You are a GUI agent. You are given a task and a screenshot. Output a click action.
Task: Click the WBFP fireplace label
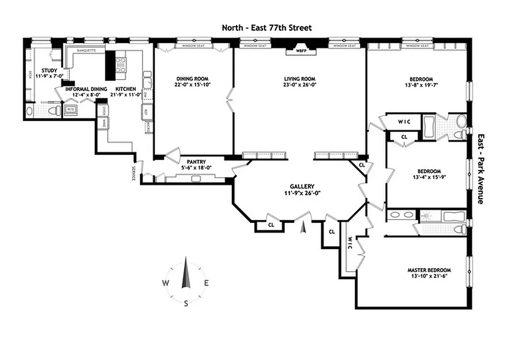click(300, 51)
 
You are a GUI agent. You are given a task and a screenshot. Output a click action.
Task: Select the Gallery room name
click(302, 186)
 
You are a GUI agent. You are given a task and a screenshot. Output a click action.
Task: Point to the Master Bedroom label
click(428, 270)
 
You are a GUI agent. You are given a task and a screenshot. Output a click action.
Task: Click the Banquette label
click(86, 50)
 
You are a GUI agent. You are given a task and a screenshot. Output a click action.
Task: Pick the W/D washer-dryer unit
click(71, 109)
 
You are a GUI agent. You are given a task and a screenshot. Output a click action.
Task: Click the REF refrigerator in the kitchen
click(145, 112)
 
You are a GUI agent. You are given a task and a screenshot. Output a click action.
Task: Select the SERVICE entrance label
click(134, 174)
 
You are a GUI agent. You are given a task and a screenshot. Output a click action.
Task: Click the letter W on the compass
click(166, 283)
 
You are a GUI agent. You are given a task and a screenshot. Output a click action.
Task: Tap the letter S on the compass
click(186, 303)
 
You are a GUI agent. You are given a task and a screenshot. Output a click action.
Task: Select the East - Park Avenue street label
click(480, 169)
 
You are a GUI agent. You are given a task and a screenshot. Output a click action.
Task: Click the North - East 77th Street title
click(266, 28)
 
